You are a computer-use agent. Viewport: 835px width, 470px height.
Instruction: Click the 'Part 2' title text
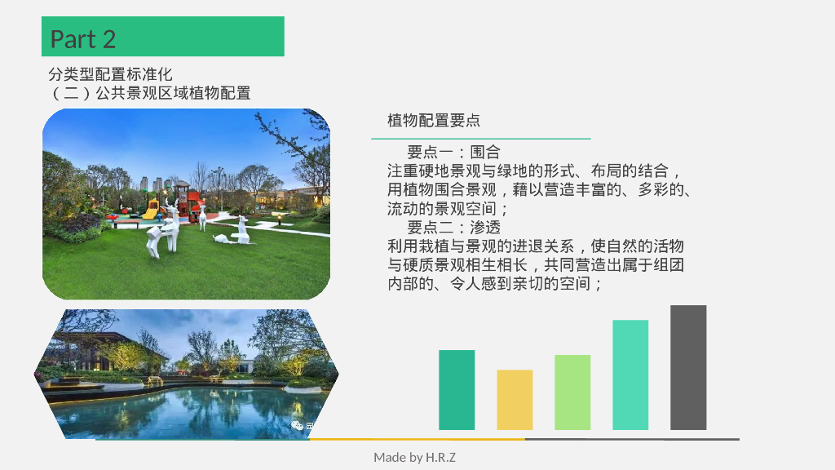83,38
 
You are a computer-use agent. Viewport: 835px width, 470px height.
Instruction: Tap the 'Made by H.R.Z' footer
414,457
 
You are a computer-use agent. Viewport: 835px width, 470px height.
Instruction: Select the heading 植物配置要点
434,121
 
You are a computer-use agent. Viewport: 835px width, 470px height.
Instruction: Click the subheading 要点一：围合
453,152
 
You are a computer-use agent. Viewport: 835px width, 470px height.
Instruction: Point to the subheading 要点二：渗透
453,227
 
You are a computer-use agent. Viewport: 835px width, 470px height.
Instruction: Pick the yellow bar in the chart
515,400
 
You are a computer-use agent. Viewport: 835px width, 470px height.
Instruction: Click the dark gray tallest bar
688,367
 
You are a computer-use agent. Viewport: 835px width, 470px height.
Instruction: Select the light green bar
572,392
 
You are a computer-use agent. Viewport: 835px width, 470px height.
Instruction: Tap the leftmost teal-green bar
457,389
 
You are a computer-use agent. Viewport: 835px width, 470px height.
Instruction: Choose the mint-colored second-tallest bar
630,375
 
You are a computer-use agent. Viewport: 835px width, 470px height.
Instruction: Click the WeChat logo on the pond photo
298,424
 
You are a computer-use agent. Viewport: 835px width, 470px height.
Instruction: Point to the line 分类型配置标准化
110,74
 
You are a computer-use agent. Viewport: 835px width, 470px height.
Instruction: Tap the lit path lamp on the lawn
281,219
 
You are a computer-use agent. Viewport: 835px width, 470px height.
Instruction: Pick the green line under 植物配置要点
489,139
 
